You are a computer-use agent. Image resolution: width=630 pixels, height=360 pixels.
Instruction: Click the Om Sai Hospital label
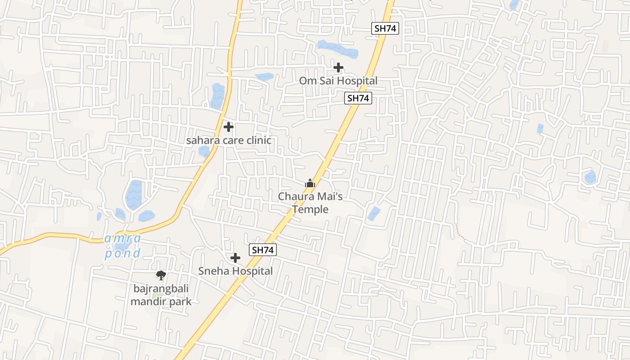pos(338,81)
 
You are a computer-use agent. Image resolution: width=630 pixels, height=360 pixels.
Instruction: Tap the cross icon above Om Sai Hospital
pos(338,67)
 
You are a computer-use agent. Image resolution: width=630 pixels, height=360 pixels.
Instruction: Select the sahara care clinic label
pos(229,140)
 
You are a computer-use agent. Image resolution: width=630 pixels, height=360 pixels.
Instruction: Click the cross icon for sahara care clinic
pos(229,127)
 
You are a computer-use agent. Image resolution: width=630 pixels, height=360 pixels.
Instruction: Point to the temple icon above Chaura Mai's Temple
pos(310,183)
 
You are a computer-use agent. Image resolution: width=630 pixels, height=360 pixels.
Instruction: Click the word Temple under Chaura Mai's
pos(310,209)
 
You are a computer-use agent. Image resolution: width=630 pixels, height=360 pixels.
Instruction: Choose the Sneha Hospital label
pos(235,271)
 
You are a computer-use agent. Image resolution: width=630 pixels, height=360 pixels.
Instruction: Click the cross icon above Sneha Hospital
pos(235,258)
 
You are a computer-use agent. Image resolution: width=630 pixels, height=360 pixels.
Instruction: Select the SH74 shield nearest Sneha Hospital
pos(263,250)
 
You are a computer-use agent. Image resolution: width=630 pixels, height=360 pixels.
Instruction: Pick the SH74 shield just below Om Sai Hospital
pos(358,98)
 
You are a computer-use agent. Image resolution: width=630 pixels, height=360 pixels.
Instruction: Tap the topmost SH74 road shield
pos(386,28)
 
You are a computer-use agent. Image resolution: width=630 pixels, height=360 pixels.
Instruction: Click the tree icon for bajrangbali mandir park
pos(161,275)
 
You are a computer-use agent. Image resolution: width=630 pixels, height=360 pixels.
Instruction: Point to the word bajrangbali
pos(161,288)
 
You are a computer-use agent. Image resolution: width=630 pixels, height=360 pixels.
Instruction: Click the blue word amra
pos(122,238)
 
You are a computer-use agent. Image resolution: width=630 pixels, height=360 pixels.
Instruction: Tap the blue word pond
pos(122,253)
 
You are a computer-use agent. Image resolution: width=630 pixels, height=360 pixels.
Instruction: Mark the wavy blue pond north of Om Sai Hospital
pos(337,49)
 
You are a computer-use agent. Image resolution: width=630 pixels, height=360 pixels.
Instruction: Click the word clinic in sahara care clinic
pos(257,140)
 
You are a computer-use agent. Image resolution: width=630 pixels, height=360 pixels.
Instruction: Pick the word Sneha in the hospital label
pos(213,271)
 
